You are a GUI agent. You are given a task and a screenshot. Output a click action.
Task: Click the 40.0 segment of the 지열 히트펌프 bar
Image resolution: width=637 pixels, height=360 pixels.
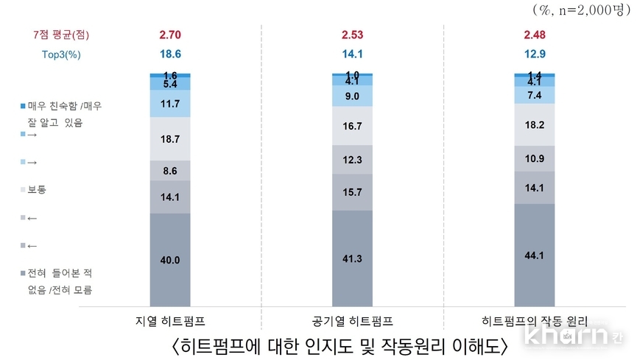pos(169,259)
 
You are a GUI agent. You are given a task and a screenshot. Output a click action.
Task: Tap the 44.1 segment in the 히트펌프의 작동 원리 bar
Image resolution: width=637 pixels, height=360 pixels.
pos(535,255)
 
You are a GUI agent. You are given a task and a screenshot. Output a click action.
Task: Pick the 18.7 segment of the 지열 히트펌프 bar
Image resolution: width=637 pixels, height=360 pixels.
pos(169,138)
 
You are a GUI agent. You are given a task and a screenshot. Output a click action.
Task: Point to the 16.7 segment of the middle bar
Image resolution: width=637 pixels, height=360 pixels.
pos(352,126)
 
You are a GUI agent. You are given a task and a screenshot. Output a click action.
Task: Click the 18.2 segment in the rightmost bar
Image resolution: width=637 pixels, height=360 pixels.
pos(535,124)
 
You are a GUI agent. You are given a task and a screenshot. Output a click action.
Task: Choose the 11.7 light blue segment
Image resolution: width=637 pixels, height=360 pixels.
pos(169,104)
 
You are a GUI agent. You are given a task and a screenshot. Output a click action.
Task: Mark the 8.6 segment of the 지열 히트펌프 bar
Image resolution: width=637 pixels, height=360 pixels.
pos(169,170)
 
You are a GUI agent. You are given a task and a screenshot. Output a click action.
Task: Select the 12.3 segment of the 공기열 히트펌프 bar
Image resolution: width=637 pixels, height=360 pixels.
pos(352,160)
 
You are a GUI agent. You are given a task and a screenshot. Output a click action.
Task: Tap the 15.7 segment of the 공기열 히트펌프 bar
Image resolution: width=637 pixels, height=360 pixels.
pos(352,191)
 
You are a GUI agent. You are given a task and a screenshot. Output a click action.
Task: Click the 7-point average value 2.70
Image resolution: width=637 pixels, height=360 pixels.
pos(170,35)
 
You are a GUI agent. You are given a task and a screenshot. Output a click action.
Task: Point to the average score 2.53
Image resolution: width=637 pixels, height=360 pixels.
pos(352,35)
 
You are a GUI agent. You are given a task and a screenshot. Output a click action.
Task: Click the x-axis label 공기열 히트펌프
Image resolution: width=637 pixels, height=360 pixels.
pos(353,321)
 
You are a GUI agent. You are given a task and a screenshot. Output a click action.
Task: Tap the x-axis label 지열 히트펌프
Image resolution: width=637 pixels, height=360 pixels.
pos(170,321)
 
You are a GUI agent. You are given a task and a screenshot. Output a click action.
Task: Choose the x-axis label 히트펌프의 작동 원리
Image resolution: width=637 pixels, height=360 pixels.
pos(535,321)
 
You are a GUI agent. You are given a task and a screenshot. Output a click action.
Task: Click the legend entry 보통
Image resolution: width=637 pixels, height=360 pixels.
pos(36,189)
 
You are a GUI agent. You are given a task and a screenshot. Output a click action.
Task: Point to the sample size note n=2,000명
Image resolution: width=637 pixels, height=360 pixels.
pos(588,10)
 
